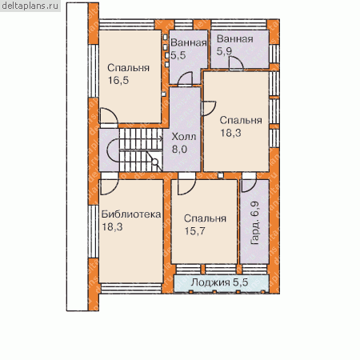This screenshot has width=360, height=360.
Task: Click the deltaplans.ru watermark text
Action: pos(30,6)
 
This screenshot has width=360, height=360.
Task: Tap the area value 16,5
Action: pos(118,80)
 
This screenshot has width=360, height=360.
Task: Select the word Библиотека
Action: pos(131,214)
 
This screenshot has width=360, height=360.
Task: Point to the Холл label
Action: pos(184,137)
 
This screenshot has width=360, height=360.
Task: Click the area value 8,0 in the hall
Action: pos(180,150)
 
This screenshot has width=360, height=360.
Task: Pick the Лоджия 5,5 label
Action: pos(220,282)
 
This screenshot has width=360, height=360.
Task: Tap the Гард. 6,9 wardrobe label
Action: pos(255,223)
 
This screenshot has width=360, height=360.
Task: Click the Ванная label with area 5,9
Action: pos(235,39)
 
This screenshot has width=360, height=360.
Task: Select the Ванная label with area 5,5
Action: pos(189,42)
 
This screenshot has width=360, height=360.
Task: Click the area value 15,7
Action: pos(195,231)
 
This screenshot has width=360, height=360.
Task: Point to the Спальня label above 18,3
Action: pos(241,120)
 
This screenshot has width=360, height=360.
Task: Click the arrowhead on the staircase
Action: pos(161,138)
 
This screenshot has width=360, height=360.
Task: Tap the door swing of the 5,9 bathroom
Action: pos(236,63)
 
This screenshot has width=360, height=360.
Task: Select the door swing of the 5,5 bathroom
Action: pos(185,78)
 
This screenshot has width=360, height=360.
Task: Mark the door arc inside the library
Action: pos(110,186)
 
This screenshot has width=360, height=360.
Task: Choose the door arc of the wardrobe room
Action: pos(249,186)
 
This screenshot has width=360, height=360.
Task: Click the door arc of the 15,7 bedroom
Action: pos(187,186)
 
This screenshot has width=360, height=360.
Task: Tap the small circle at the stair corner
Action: pos(155,162)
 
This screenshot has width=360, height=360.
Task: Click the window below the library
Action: pos(132,289)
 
